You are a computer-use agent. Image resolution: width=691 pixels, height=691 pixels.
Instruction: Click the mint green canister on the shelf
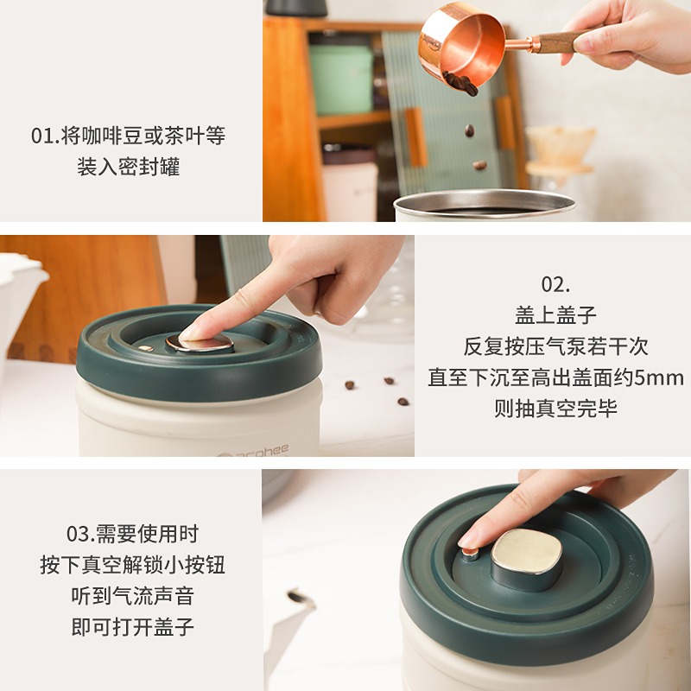pos(341,79)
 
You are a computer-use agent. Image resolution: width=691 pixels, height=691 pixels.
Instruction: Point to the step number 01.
pos(45,136)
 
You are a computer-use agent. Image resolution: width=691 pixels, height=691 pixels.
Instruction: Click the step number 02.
pos(555,285)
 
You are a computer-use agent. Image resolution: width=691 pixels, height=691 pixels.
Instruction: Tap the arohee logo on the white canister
pos(254,451)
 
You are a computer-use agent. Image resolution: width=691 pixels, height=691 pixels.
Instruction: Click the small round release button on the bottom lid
pos(470,553)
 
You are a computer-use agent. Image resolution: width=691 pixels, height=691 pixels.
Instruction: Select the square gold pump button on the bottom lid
pos(527,551)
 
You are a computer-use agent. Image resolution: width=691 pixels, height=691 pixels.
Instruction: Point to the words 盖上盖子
pos(555,315)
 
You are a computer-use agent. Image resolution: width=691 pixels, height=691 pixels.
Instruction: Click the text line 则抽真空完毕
pos(555,409)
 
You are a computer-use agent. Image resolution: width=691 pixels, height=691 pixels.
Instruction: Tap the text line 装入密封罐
pos(128,167)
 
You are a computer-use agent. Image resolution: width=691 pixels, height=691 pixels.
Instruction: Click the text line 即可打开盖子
pos(133,627)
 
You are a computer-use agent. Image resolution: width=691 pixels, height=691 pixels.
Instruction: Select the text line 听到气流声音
pos(133,596)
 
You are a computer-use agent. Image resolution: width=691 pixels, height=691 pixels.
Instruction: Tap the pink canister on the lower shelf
pos(350,184)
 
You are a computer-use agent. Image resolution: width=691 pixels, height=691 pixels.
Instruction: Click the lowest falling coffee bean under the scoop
pos(479,165)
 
